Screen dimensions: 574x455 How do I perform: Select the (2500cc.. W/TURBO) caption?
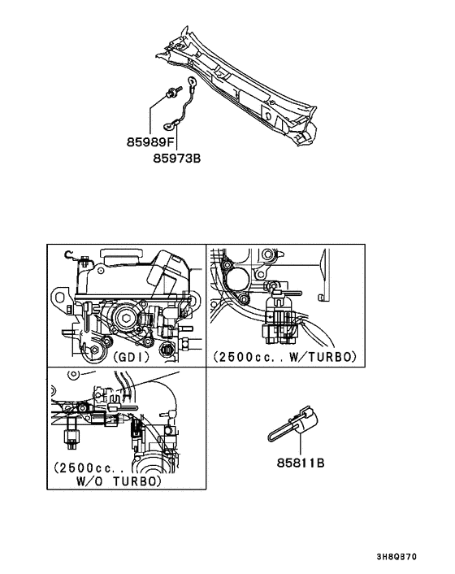tap(285, 356)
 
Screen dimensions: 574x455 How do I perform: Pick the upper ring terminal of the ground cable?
tap(191, 81)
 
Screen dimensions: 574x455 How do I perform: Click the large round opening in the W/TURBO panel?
tap(241, 280)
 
